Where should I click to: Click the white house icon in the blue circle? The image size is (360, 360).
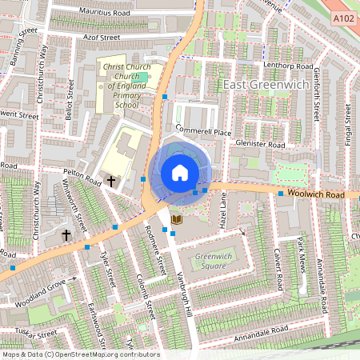pos(180,173)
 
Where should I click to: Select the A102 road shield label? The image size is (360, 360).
pos(342,18)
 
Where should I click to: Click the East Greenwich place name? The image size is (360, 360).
pos(260,84)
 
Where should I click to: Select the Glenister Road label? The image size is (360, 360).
pos(261,145)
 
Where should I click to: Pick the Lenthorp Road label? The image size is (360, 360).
pos(292,66)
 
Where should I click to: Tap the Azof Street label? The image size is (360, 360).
pos(98,37)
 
